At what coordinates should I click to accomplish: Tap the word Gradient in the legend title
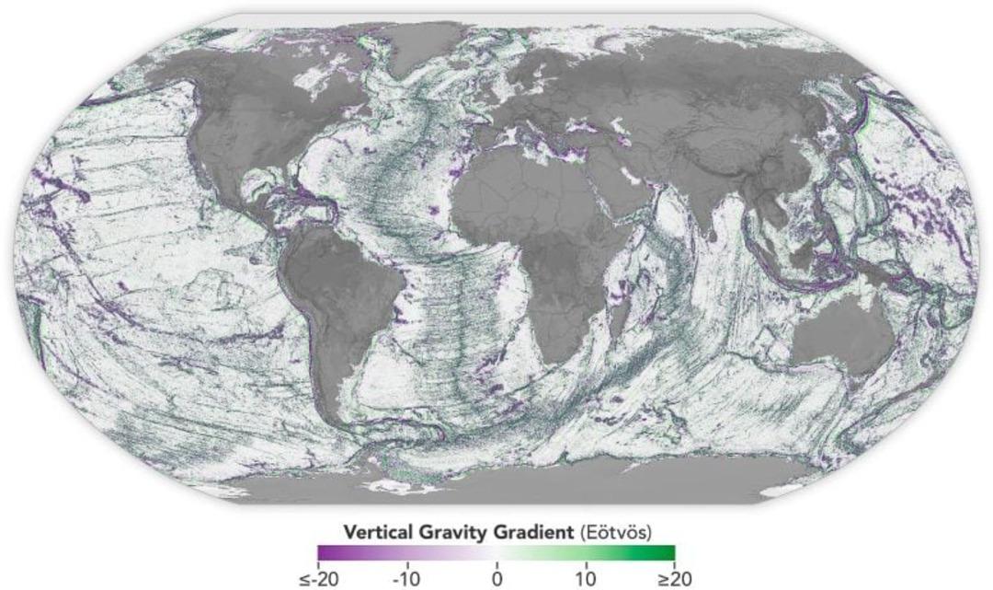[x=514, y=533]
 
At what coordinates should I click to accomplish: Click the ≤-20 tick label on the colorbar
[x=318, y=580]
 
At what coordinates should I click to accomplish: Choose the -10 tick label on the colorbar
[x=406, y=580]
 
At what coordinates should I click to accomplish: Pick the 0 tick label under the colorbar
[x=496, y=580]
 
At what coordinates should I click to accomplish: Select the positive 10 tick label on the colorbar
[x=585, y=580]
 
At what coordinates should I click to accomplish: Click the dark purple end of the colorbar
[x=324, y=552]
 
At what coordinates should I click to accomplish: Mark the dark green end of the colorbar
[x=668, y=552]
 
